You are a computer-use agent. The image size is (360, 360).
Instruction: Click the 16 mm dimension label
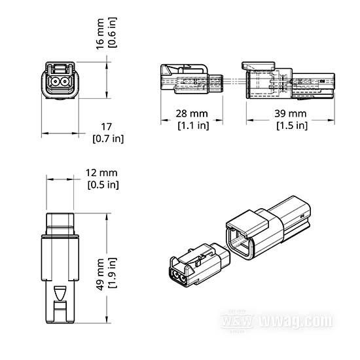pyautogui.click(x=100, y=34)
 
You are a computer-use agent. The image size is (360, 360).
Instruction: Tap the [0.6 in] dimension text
pyautogui.click(x=113, y=33)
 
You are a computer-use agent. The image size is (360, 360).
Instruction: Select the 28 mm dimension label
pyautogui.click(x=192, y=113)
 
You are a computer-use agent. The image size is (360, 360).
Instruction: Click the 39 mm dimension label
pyautogui.click(x=291, y=113)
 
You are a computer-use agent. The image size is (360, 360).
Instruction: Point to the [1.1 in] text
pyautogui.click(x=194, y=126)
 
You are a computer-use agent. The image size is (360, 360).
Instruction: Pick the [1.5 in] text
pyautogui.click(x=292, y=126)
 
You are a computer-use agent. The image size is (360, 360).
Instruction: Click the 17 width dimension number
pyautogui.click(x=107, y=126)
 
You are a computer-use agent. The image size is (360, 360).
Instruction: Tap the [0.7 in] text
pyautogui.click(x=108, y=139)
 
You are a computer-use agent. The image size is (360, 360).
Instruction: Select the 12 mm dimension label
pyautogui.click(x=101, y=173)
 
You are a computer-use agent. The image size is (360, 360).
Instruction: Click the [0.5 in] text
pyautogui.click(x=103, y=185)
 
